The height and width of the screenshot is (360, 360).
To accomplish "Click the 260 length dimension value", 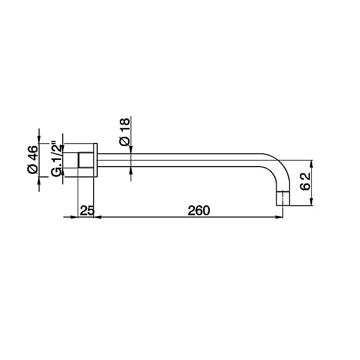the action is point(199,210).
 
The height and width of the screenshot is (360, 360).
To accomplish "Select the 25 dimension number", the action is point(87,210).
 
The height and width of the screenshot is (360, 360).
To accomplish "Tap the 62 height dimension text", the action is point(305,181).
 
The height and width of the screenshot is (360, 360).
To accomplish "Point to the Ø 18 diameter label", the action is point(124,132).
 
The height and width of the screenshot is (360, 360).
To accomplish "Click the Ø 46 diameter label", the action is point(32,159).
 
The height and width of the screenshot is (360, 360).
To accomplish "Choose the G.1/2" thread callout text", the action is point(57,159).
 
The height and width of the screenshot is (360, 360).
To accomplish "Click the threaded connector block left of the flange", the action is point(86,160).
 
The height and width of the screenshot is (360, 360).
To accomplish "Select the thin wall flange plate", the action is point(96,160).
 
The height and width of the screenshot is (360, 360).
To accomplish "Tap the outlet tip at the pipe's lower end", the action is point(283,199).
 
